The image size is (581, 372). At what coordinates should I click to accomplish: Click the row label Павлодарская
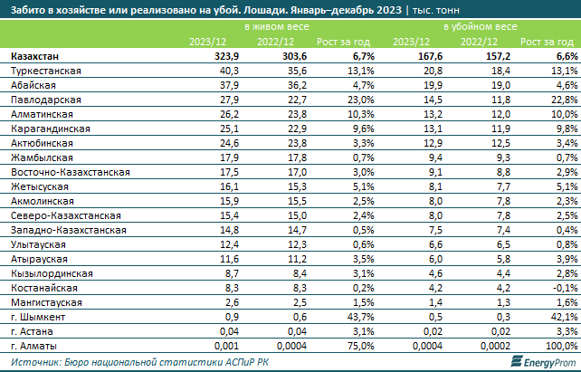[36, 97]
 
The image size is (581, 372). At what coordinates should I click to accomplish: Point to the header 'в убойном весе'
[480, 28]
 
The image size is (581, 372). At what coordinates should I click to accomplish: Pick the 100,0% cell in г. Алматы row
[557, 345]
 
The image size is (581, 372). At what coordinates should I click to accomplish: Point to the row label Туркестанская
[42, 70]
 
